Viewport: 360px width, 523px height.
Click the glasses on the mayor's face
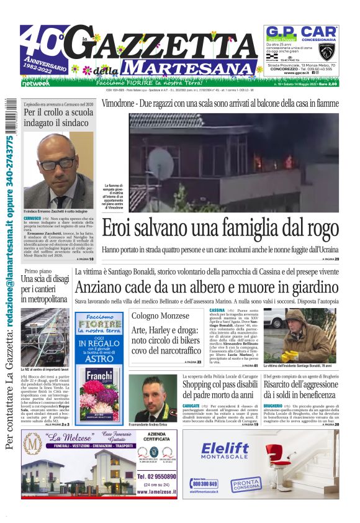click(58, 163)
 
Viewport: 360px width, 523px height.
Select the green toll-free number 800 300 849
click(205, 483)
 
